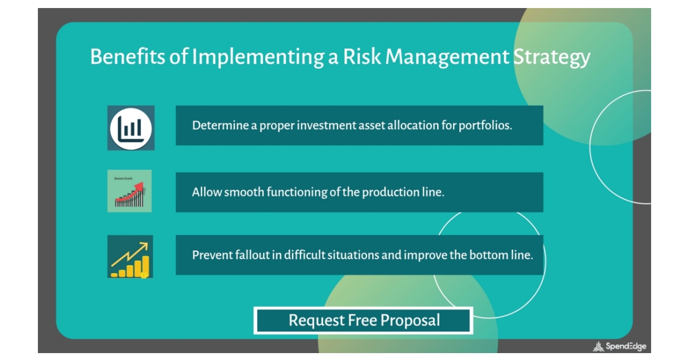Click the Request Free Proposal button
click(x=363, y=320)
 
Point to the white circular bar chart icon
click(x=131, y=128)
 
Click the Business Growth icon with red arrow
click(x=130, y=191)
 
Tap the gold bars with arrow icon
click(x=130, y=257)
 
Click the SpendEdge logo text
click(x=625, y=346)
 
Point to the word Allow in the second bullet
click(x=206, y=192)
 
